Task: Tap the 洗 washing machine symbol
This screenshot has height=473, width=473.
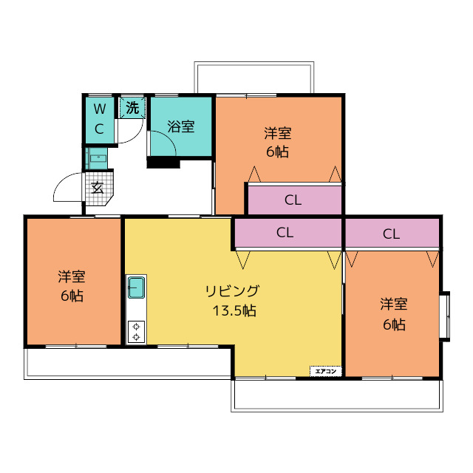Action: pos(132,107)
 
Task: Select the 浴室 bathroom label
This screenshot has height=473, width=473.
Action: pos(180,126)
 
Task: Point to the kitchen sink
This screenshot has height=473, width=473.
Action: pos(136,287)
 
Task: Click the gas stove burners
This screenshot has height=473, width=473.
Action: pos(136,331)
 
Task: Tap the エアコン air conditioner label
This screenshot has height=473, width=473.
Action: pos(325,371)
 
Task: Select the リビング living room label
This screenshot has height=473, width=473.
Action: pos(232,290)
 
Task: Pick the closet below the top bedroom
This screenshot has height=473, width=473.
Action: pos(293,200)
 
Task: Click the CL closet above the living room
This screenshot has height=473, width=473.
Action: pos(285,232)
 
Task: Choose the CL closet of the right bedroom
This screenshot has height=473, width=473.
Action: pos(391,234)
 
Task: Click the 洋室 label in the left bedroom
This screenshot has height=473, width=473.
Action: pos(72,277)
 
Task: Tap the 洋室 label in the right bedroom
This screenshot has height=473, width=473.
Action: pos(393,304)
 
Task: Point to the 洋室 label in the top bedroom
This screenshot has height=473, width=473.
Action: pos(278,134)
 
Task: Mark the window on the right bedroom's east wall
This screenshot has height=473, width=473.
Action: pos(446,316)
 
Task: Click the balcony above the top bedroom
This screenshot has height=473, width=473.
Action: pos(253,78)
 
